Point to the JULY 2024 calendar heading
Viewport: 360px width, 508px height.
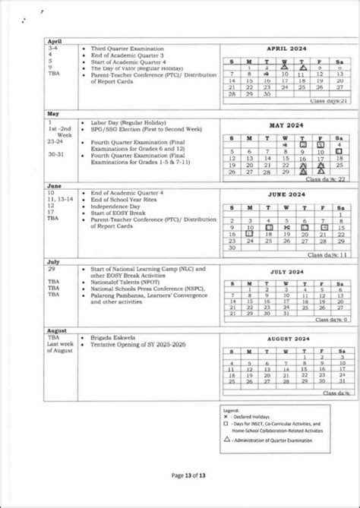click(283, 270)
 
